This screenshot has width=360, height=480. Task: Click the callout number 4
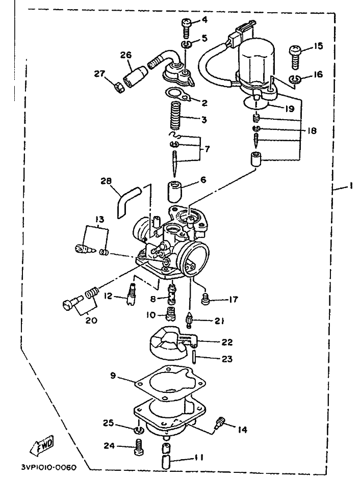pos(204,20)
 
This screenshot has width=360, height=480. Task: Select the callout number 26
pos(126,56)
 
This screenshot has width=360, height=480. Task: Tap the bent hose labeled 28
pos(127,200)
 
